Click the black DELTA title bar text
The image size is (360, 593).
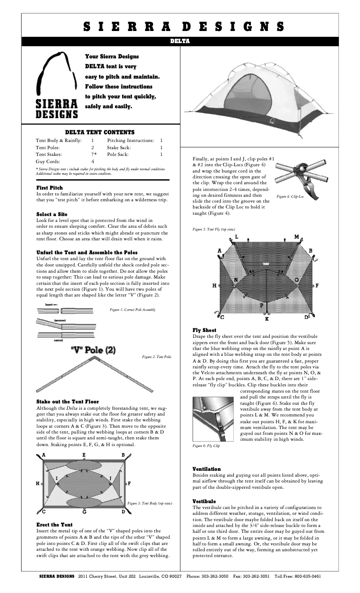pyautogui.click(x=180, y=41)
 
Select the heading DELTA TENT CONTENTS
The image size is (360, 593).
pyautogui.click(x=100, y=133)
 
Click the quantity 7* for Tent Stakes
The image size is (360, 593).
pyautogui.click(x=93, y=154)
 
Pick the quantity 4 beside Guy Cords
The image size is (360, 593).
pyautogui.click(x=93, y=161)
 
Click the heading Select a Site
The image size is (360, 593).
pyautogui.click(x=52, y=214)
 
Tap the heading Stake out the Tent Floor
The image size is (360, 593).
pyautogui.click(x=67, y=402)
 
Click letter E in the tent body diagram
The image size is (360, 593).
pyautogui.click(x=84, y=455)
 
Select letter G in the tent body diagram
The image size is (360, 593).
pyautogui.click(x=84, y=512)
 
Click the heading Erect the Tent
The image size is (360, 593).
pyautogui.click(x=54, y=525)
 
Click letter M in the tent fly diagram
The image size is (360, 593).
pyautogui.click(x=297, y=237)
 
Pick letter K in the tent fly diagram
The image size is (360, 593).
pyautogui.click(x=267, y=319)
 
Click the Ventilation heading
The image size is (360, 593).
pyautogui.click(x=206, y=469)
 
